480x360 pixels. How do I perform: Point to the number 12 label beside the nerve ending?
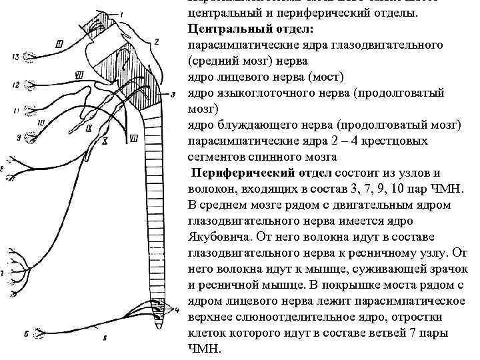coord(13,85)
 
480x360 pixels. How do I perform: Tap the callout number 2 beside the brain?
coord(157,41)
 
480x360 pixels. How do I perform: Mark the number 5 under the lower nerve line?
coord(105,339)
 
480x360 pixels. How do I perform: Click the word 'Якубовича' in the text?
coord(221,237)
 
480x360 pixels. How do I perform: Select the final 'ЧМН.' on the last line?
coord(204,349)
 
